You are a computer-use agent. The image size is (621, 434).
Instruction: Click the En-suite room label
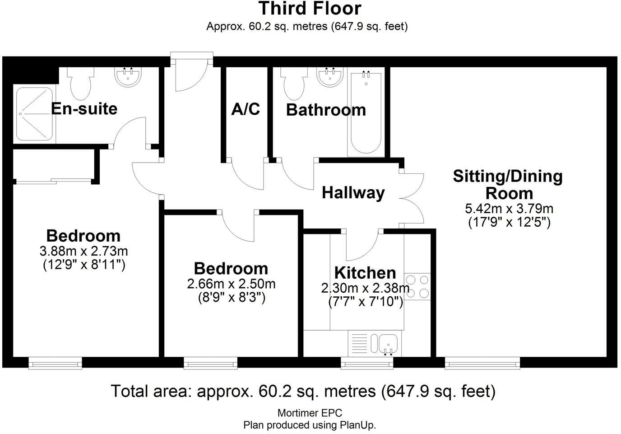[x=84, y=108]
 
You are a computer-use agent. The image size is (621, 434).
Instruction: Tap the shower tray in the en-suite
[x=34, y=114]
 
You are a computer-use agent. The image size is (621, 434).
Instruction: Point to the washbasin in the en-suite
[x=128, y=76]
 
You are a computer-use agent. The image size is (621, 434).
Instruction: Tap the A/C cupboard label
[x=246, y=109]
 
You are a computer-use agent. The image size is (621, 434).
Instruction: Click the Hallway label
[x=353, y=193]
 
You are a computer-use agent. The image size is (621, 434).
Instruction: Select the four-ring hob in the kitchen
[x=417, y=286]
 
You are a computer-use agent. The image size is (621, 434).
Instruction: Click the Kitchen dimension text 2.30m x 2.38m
[x=365, y=288]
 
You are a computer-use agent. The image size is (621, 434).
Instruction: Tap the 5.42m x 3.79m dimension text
[x=509, y=209]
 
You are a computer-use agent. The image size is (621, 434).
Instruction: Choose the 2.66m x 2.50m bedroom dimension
[x=231, y=284]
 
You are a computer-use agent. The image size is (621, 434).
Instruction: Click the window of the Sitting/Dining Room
[x=482, y=363]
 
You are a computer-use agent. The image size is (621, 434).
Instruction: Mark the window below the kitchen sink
[x=367, y=363]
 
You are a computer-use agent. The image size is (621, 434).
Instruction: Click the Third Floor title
[x=310, y=9]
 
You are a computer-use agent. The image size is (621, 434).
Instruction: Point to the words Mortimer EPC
[x=310, y=413]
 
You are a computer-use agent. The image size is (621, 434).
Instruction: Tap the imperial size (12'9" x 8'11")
[x=84, y=265]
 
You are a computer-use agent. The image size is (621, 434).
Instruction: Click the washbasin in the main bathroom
[x=330, y=76]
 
